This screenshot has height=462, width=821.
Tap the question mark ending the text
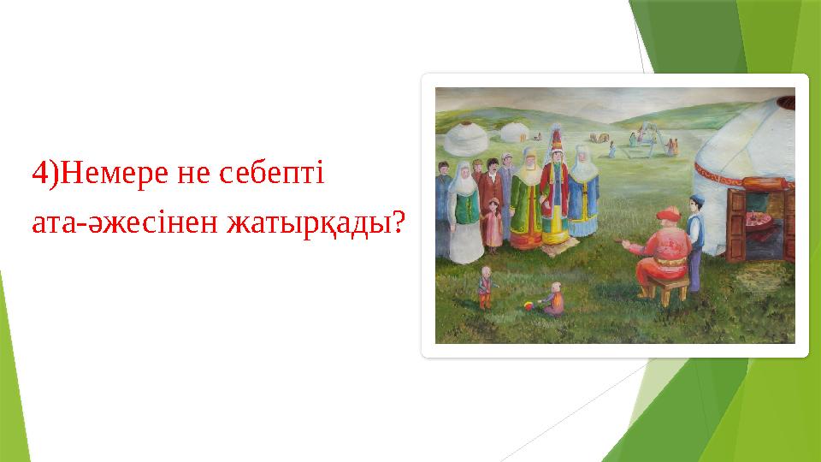pyautogui.click(x=398, y=223)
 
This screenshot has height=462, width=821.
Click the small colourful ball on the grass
pyautogui.click(x=530, y=305)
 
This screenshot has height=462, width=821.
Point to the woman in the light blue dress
pyautogui.click(x=583, y=192)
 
